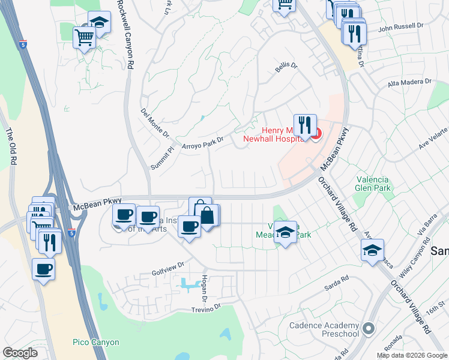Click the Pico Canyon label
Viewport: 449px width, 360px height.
pos(97,343)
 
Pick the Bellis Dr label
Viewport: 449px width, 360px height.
pos(286,68)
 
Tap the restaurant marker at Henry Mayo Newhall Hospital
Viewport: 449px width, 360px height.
pos(305,125)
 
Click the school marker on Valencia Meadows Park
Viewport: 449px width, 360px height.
pos(286,232)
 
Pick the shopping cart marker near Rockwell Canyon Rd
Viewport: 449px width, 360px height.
pos(84,37)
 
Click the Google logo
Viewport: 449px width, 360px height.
pos(20,353)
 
